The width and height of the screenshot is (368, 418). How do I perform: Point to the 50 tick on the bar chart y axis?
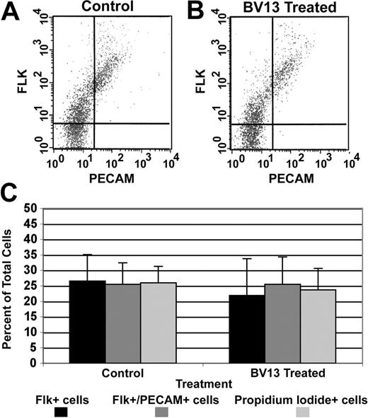[31, 209]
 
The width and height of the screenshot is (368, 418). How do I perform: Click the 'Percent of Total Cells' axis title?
[11, 286]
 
